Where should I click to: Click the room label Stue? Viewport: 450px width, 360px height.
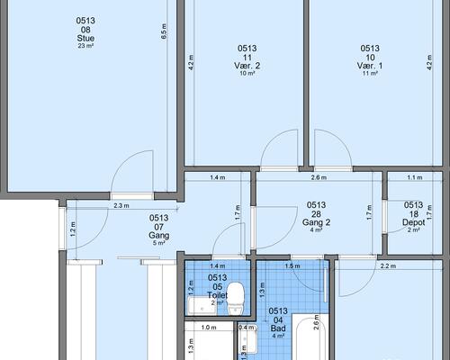tap(85, 38)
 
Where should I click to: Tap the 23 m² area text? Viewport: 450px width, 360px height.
tap(85, 46)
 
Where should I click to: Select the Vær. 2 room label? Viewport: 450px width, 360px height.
tap(247, 66)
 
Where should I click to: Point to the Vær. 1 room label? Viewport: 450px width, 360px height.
tap(370, 66)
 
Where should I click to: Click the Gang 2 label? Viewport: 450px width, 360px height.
tap(316, 222)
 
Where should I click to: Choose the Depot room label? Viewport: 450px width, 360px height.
tap(413, 222)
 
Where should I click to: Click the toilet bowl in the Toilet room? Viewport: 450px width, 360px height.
tap(236, 298)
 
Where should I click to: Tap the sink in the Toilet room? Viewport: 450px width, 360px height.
tap(202, 306)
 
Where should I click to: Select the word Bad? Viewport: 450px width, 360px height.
tap(278, 328)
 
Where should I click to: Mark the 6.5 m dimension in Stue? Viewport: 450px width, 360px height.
tap(164, 31)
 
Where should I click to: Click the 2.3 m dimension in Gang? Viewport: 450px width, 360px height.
tap(121, 206)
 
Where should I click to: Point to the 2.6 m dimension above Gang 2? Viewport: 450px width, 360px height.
tap(319, 177)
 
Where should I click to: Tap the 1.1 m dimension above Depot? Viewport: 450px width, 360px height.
tap(415, 177)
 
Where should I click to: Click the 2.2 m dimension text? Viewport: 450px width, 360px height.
tap(388, 265)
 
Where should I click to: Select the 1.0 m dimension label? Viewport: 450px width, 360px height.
tap(209, 328)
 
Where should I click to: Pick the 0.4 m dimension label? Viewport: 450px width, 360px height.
tap(247, 328)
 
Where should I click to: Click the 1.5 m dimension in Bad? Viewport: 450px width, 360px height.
tap(292, 265)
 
